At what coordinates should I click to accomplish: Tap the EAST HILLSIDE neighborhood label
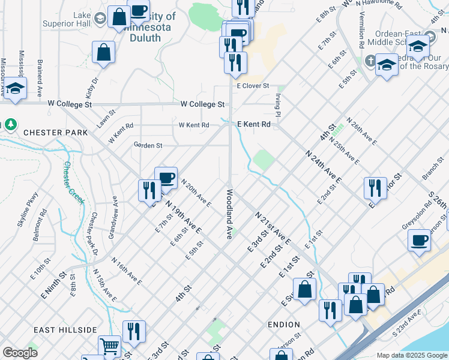click(x=65, y=330)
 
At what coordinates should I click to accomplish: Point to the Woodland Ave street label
click(x=229, y=214)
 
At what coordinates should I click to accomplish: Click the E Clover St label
click(x=252, y=86)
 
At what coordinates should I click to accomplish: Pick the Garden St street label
click(x=148, y=145)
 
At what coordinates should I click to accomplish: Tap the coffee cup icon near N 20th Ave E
click(x=166, y=178)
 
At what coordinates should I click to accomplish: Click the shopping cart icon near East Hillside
click(x=109, y=346)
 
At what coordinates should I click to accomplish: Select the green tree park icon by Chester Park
click(x=10, y=125)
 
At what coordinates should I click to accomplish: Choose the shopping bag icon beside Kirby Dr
click(x=103, y=52)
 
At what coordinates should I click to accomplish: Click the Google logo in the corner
click(x=20, y=353)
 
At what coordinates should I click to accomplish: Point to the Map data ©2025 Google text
click(x=411, y=355)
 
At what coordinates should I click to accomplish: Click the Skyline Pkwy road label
click(x=31, y=207)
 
